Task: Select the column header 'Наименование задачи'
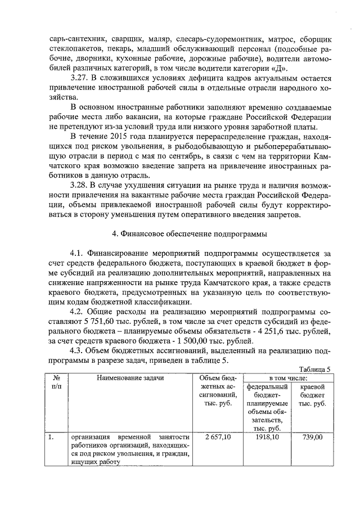pyautogui.click(x=130, y=377)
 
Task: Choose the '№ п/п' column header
pyautogui.click(x=56, y=383)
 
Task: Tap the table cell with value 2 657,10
pyautogui.click(x=218, y=436)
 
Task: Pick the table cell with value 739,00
pyautogui.click(x=312, y=436)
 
